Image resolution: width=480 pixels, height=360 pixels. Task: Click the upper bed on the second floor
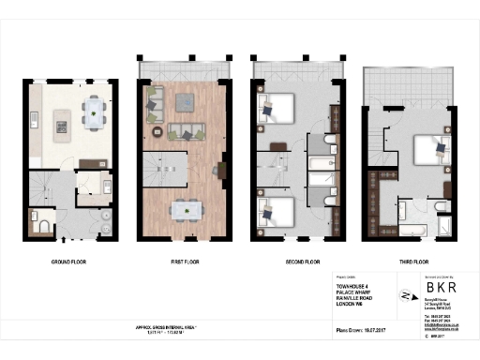[x=279, y=110]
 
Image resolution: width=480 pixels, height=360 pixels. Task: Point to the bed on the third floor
[x=430, y=150]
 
